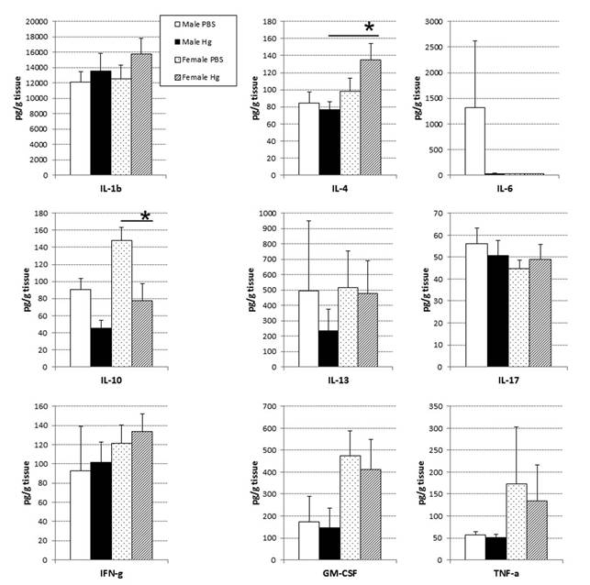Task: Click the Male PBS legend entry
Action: [201, 20]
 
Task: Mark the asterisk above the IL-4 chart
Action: [369, 28]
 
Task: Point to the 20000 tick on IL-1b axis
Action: [37, 21]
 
